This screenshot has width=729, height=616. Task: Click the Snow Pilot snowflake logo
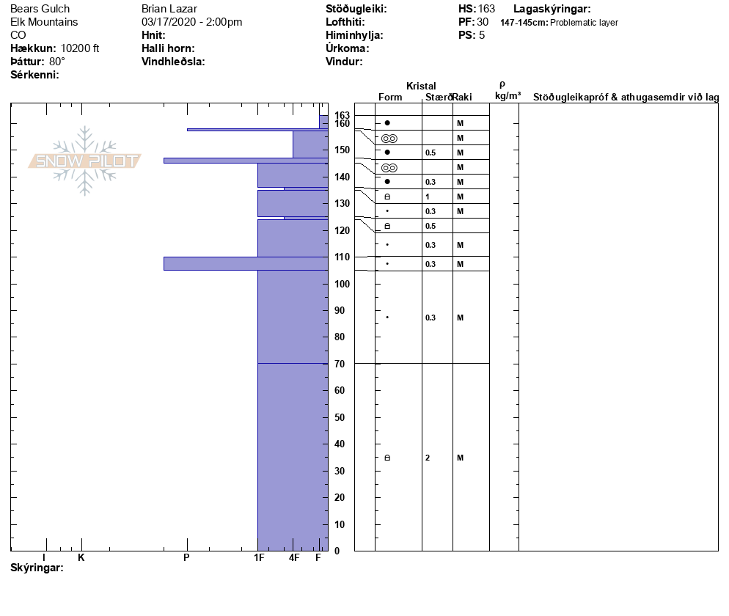tap(85, 161)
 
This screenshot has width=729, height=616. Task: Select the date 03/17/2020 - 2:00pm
tap(191, 22)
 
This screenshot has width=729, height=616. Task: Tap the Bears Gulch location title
tap(40, 9)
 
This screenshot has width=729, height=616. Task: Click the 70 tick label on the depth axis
tap(340, 364)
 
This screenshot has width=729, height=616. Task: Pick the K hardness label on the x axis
tap(81, 558)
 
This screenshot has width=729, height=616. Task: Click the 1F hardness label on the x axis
tap(258, 558)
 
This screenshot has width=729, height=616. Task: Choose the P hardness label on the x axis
tap(186, 558)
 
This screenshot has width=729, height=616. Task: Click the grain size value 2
tap(428, 458)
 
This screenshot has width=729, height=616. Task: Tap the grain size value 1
tap(428, 197)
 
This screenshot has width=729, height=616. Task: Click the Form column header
tap(390, 97)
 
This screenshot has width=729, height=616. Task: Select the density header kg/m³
tap(508, 95)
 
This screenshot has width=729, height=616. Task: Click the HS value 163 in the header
tap(486, 9)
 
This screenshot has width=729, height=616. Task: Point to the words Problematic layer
tap(584, 23)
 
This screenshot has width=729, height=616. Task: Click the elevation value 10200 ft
tap(80, 48)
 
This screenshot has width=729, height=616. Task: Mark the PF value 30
tap(483, 22)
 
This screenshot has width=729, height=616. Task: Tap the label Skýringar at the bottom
tap(37, 568)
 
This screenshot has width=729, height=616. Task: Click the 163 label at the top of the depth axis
tap(342, 115)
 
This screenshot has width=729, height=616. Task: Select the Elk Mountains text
tap(45, 22)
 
